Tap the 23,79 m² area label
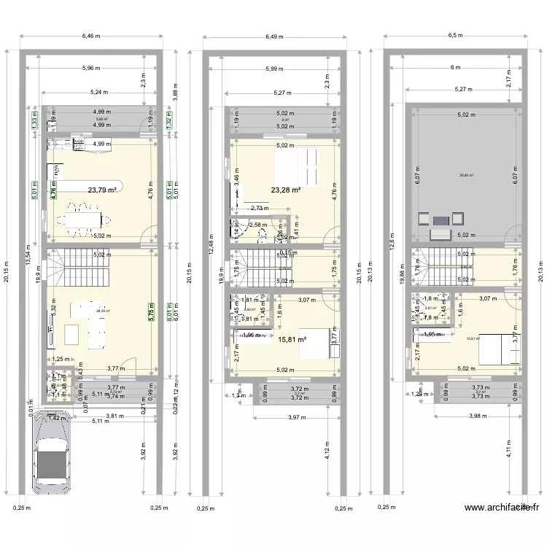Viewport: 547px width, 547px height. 103,190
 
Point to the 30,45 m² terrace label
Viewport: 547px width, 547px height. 467,175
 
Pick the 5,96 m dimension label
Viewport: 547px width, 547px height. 91,69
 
